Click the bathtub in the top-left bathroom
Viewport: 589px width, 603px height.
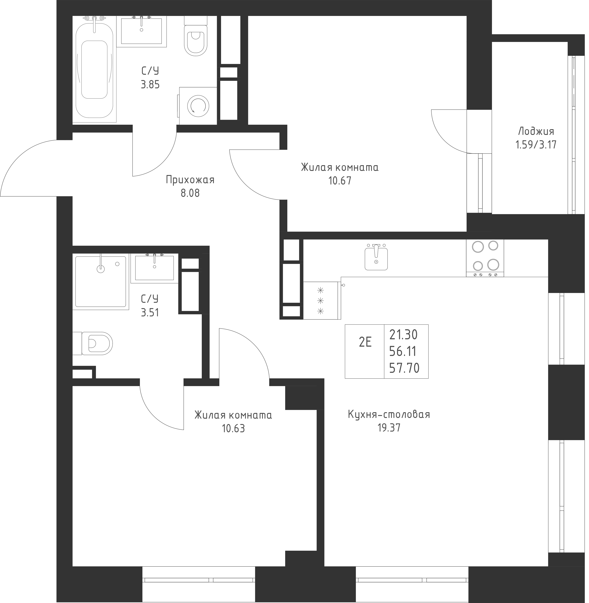(x=94, y=70)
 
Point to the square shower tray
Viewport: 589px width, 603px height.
(x=101, y=281)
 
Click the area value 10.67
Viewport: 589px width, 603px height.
(x=340, y=181)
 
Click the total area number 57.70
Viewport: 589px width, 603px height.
(x=404, y=368)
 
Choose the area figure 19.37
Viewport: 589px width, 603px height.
(x=389, y=428)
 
